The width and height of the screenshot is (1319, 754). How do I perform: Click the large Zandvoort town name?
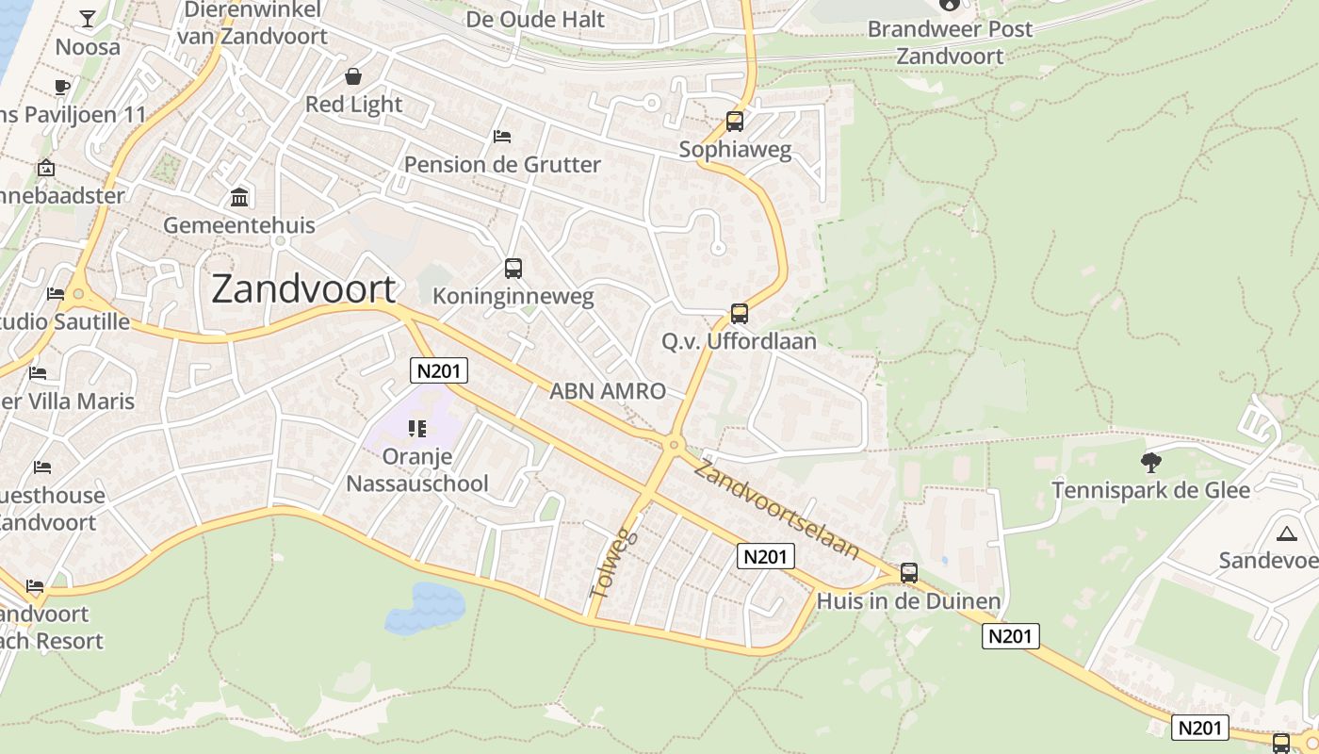point(303,289)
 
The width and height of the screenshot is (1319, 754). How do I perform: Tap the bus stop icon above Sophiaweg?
point(735,122)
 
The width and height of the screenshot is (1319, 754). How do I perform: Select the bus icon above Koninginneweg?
point(513,269)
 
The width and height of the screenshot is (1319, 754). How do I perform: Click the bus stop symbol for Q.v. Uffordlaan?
point(740,314)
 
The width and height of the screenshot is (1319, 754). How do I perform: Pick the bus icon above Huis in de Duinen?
point(909,573)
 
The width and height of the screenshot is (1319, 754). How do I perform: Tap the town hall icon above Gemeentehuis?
point(239,198)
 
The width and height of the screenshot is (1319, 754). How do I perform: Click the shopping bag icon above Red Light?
point(353,76)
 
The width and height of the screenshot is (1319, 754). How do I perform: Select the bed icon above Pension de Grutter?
point(502,137)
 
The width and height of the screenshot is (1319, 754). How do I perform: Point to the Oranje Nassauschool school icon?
point(417,430)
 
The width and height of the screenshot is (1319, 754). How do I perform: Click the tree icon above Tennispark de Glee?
point(1150,463)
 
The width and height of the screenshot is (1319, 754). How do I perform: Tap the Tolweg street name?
point(613,563)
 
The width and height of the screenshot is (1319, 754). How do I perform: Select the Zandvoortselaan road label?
point(777,507)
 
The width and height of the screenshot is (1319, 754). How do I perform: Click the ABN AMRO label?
point(608,391)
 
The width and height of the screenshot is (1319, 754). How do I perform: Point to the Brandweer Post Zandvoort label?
point(950,42)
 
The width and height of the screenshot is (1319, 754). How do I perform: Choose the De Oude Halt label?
point(535,19)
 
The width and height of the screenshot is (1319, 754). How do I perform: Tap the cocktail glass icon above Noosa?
point(88,19)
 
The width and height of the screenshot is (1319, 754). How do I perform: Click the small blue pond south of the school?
point(426,605)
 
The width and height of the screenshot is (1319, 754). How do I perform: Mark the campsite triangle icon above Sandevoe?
point(1286,534)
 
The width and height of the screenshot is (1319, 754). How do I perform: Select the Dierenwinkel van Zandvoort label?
point(252,24)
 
